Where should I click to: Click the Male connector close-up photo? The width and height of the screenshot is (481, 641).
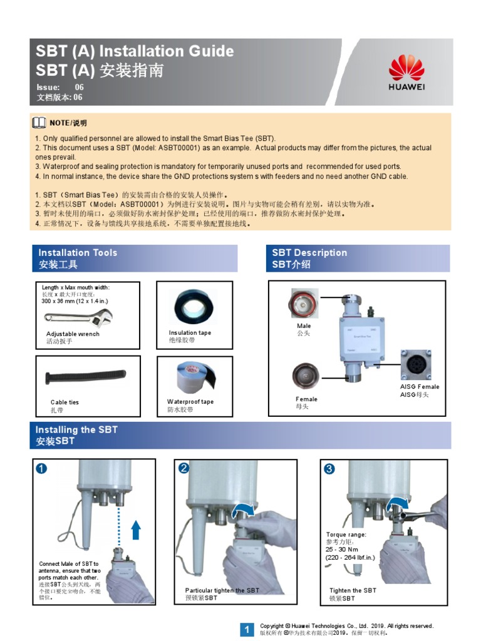(x=303, y=304)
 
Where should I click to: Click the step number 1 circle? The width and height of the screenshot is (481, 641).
(x=41, y=468)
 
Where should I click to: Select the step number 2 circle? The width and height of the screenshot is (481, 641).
(x=184, y=468)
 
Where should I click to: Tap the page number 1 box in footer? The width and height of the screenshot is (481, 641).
(x=247, y=629)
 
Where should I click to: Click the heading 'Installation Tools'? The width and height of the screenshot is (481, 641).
(x=78, y=253)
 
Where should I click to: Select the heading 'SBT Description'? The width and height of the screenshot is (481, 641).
(x=309, y=253)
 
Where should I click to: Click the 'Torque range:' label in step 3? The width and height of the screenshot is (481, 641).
(x=346, y=535)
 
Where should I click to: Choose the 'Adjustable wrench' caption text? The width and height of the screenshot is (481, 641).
(x=73, y=334)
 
